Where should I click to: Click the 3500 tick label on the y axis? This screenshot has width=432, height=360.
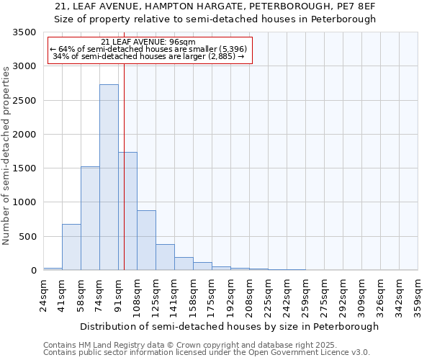click(24, 32)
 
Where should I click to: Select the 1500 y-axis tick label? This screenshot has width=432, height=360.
click(24, 168)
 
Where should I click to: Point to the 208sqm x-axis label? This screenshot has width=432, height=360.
click(250, 296)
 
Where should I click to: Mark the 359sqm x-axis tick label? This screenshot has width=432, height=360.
click(418, 296)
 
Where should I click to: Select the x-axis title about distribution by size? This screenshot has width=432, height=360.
click(229, 326)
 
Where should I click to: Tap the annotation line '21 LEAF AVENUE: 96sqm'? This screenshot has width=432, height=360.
click(148, 42)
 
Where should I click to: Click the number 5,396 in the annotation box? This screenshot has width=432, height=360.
click(233, 49)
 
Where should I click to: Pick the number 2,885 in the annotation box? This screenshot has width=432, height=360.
click(222, 56)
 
